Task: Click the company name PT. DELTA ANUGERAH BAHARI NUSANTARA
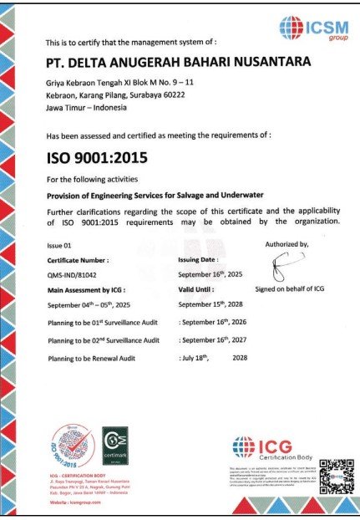click(x=179, y=63)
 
